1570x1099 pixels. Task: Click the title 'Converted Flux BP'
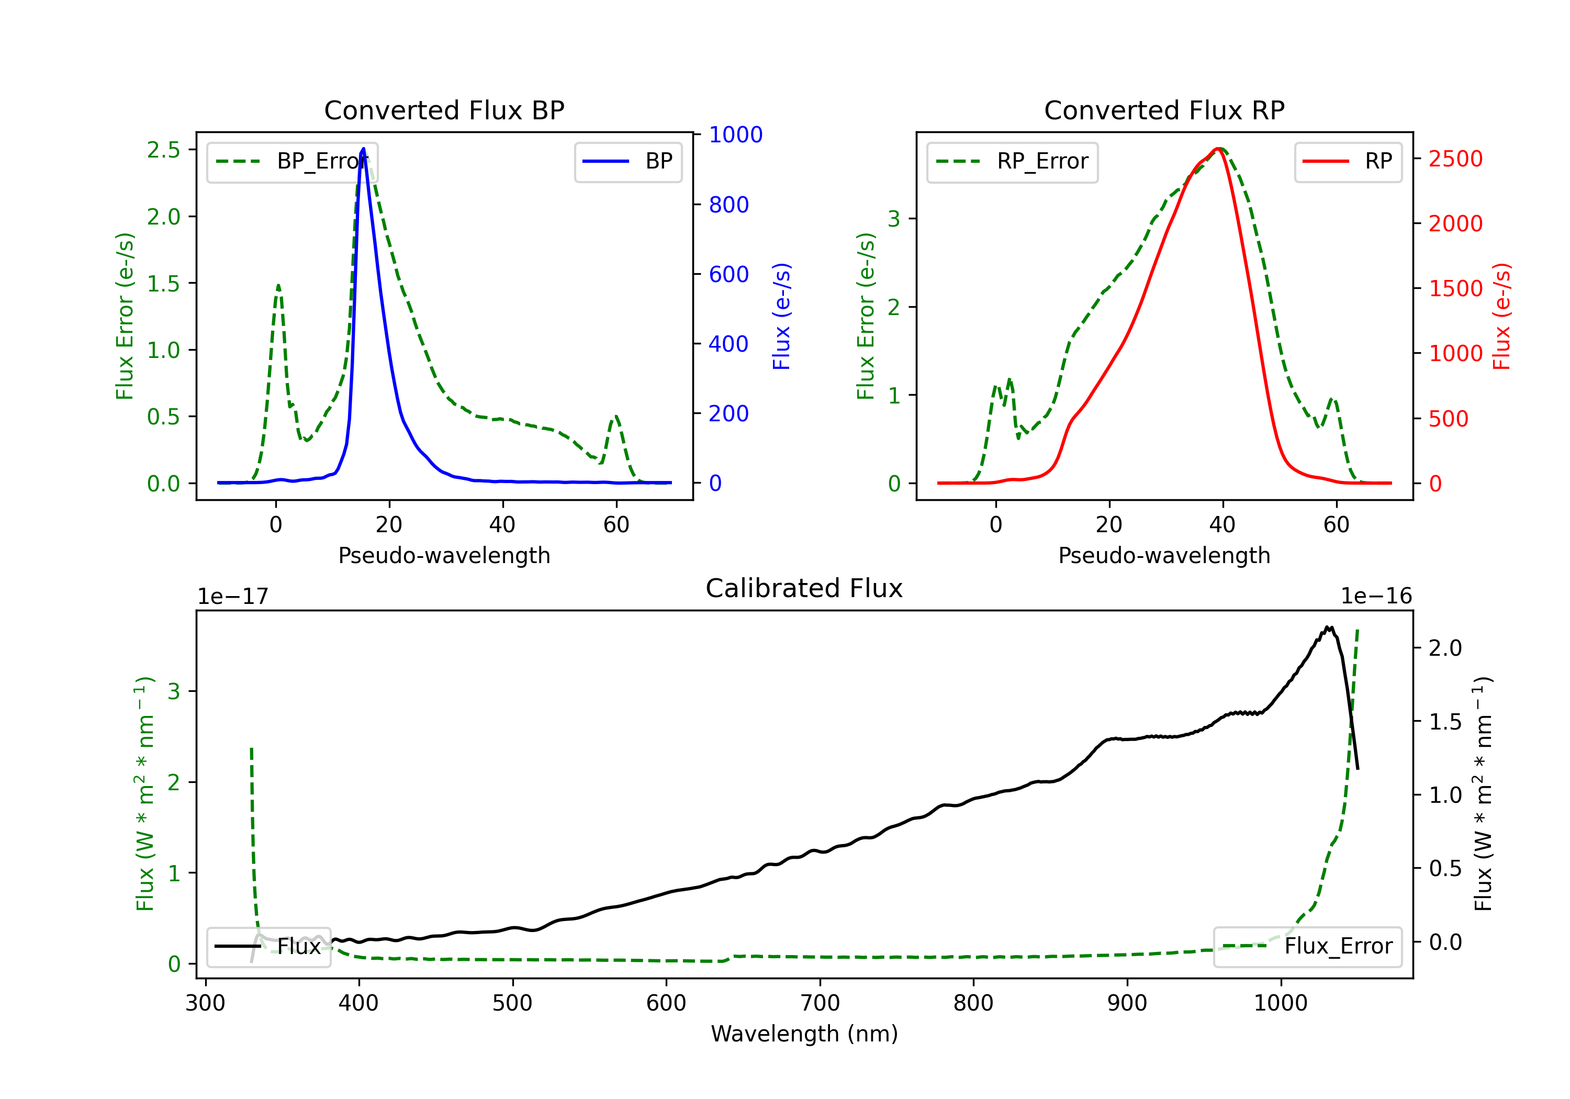[x=444, y=110]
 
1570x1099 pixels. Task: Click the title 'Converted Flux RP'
[x=1164, y=110]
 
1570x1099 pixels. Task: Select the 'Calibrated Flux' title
[x=804, y=588]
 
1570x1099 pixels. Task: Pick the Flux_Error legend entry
[x=1307, y=947]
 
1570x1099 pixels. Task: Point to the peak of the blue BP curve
[x=363, y=149]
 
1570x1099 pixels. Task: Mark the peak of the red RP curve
[x=1218, y=149]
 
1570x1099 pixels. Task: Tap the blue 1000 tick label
[x=736, y=134]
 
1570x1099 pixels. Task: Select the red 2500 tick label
[x=1456, y=159]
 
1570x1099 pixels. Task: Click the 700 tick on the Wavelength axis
[x=820, y=1003]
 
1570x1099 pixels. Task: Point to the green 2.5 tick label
[x=163, y=150]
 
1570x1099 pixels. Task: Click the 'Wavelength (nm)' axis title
[x=804, y=1034]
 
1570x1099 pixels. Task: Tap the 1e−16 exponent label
[x=1376, y=597]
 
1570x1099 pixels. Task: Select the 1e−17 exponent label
[x=233, y=597]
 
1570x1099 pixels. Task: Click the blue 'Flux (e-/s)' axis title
[x=781, y=317]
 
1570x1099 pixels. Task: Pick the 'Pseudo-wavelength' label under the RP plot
[x=1164, y=555]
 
